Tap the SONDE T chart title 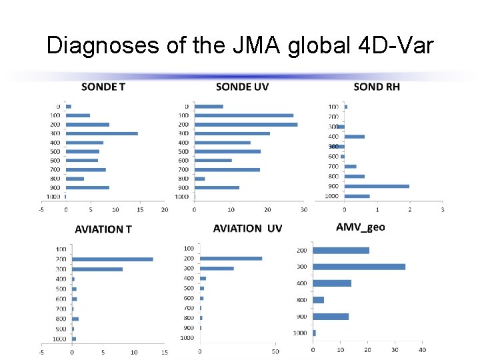pyautogui.click(x=103, y=87)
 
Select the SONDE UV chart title pyautogui.click(x=243, y=87)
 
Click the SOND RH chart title pyautogui.click(x=377, y=87)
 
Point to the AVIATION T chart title pyautogui.click(x=103, y=229)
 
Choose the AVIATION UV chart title pyautogui.click(x=247, y=229)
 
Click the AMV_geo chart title pyautogui.click(x=360, y=227)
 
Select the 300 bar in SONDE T pyautogui.click(x=102, y=133)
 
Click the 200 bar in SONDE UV pyautogui.click(x=246, y=125)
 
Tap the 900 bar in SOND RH pyautogui.click(x=377, y=186)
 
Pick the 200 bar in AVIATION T pyautogui.click(x=113, y=259)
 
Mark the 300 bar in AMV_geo pyautogui.click(x=359, y=267)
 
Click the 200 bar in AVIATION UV pyautogui.click(x=231, y=259)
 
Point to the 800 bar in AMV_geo pyautogui.click(x=319, y=300)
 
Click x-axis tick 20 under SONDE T pyautogui.click(x=165, y=209)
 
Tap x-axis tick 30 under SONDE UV pyautogui.click(x=303, y=209)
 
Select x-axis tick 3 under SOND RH pyautogui.click(x=443, y=209)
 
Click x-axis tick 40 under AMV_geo pyautogui.click(x=422, y=350)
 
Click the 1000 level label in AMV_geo pyautogui.click(x=300, y=333)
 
